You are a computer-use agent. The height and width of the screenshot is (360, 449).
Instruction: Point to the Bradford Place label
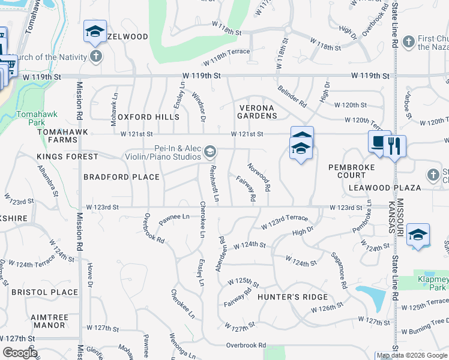[121, 177]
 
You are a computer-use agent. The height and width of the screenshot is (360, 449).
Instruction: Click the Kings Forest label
[67, 157]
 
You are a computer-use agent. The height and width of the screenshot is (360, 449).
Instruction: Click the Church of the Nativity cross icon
[95, 56]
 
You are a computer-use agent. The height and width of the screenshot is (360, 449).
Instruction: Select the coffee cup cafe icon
[379, 143]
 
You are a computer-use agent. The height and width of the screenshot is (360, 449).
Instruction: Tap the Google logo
[20, 353]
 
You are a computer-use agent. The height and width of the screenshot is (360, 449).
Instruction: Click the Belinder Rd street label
[292, 96]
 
